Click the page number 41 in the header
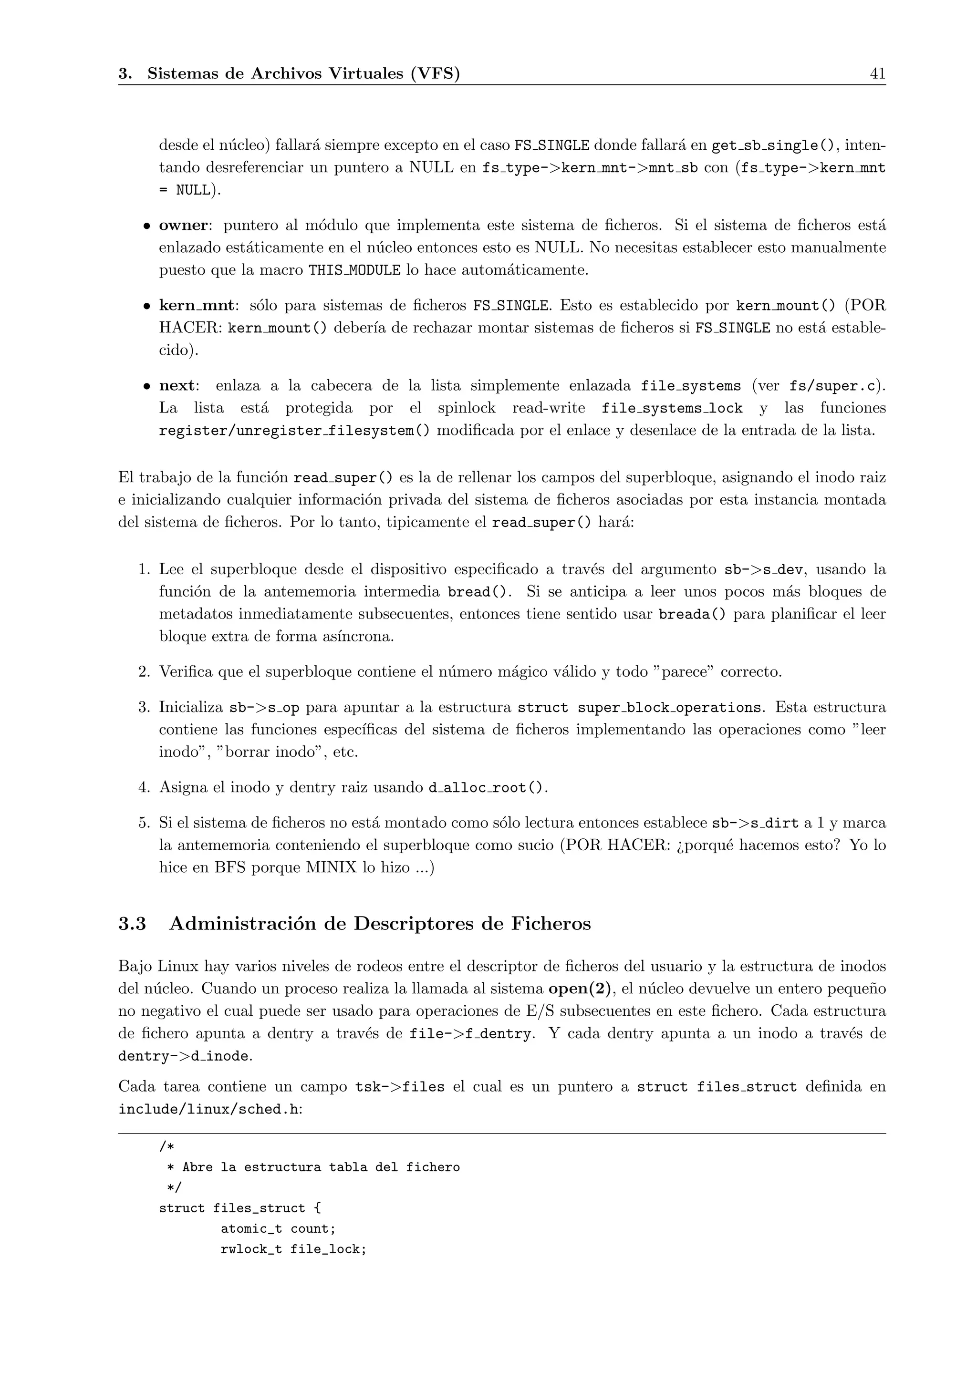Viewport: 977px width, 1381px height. click(877, 73)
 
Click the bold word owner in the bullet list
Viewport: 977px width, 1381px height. click(183, 226)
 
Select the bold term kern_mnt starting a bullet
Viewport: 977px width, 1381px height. click(196, 306)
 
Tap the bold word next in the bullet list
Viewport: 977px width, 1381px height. click(177, 386)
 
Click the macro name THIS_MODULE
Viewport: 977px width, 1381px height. click(354, 271)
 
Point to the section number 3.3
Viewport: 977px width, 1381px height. click(132, 923)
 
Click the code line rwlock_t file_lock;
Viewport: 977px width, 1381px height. click(293, 1249)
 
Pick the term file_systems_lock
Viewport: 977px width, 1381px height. click(672, 408)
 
